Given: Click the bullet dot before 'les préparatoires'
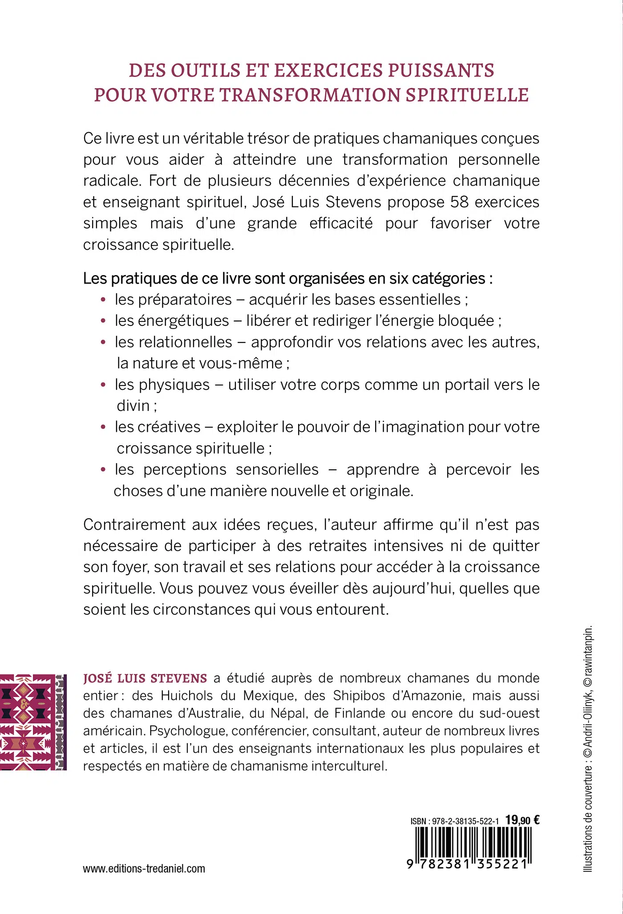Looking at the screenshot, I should coord(103,300).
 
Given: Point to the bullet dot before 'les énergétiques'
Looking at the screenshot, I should coord(103,321).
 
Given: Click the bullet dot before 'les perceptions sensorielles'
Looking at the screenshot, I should coord(103,470).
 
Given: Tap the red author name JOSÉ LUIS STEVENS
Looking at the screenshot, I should coord(145,678).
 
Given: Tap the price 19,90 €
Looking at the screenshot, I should coord(522,820).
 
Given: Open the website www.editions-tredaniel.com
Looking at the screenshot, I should coord(144,869).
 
